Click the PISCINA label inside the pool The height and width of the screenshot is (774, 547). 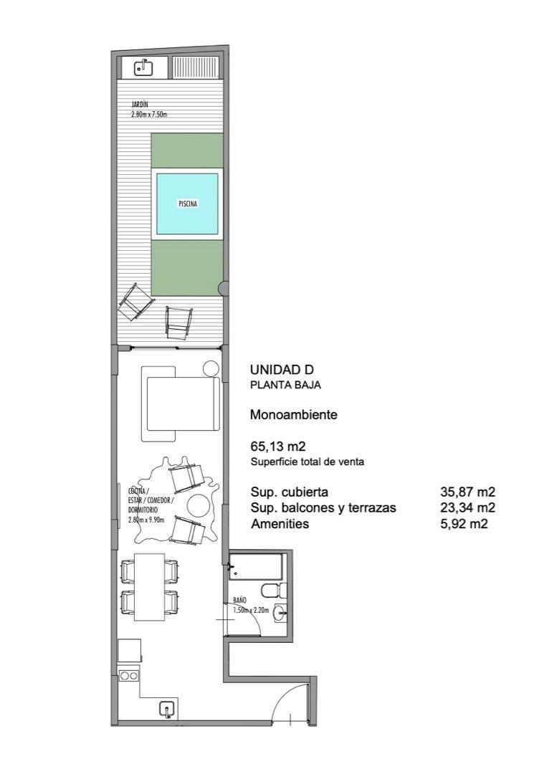click(187, 204)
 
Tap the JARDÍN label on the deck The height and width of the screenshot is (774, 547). click(140, 105)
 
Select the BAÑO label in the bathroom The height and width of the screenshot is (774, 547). click(240, 600)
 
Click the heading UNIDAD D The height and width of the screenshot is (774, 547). click(282, 370)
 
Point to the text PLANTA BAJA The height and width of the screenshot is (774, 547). click(285, 385)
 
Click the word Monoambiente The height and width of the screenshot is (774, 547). click(293, 414)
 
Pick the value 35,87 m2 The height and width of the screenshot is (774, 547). click(467, 492)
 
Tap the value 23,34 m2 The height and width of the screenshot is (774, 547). click(467, 508)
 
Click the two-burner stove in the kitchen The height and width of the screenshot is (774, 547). click(129, 675)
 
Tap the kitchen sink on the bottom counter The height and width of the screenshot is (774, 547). click(166, 709)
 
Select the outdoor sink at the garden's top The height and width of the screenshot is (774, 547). click(143, 68)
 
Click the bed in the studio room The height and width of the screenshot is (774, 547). click(182, 404)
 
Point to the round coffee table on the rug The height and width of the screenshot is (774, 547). click(197, 507)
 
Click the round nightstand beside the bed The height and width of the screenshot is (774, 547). click(211, 369)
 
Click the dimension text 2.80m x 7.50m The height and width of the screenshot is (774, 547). click(149, 114)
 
